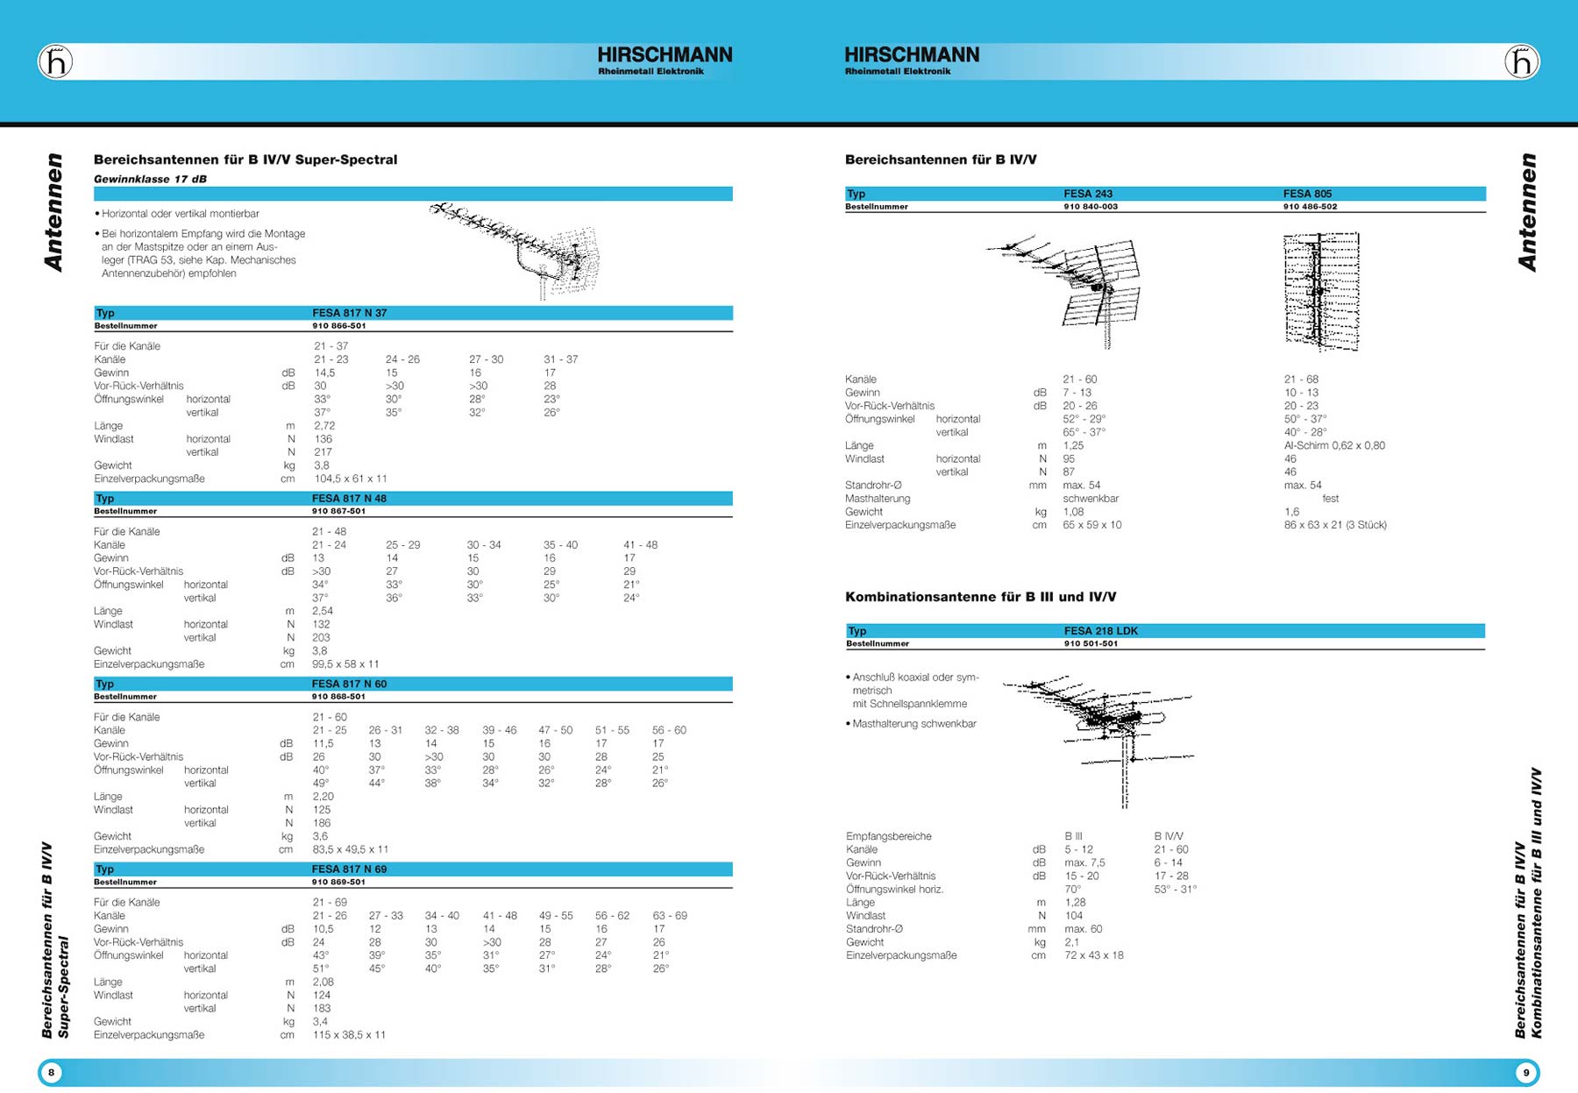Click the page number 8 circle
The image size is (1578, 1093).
coord(52,1072)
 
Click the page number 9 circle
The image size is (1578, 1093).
coord(1525,1072)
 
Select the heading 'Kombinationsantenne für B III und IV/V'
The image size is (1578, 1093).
coord(980,597)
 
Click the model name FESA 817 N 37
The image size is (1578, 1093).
coord(349,313)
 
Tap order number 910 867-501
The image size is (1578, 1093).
coord(338,511)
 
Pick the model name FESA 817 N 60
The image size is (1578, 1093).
coord(349,684)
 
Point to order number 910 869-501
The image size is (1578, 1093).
coord(338,882)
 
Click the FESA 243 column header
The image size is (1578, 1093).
coord(1087,194)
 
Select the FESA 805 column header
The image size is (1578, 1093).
coord(1307,194)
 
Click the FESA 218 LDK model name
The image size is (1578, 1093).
coord(1100,631)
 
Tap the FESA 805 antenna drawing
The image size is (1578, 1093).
coord(1321,291)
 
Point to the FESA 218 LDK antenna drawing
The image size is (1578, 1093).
coord(1105,732)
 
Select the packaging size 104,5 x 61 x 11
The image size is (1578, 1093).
coord(350,479)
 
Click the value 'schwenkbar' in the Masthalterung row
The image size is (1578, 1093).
coord(1091,499)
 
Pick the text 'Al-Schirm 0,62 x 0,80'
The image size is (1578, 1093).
coord(1334,445)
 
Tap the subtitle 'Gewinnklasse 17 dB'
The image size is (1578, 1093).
coord(150,179)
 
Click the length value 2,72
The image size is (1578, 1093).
coord(324,426)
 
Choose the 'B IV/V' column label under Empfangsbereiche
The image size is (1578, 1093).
coord(1169,836)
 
